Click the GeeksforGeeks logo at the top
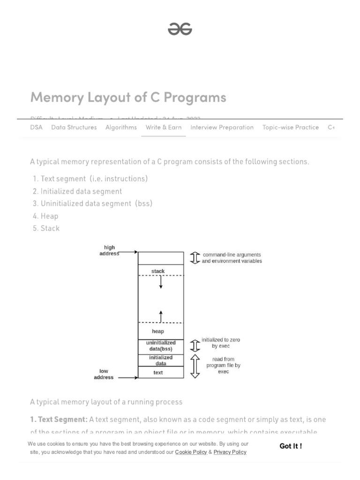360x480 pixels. [180, 30]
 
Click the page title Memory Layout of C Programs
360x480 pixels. [128, 97]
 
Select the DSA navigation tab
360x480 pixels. [36, 127]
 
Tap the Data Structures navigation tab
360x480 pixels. [74, 127]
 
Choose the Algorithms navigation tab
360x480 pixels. [121, 127]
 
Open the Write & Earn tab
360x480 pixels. [164, 127]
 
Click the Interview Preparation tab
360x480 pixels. [222, 127]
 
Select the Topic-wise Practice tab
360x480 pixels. [290, 127]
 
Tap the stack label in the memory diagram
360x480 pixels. [158, 271]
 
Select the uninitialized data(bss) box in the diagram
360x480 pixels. [161, 346]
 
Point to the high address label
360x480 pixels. [109, 250]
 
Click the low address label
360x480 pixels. [104, 374]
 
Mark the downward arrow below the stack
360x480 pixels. [161, 283]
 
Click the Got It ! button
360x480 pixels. [291, 446]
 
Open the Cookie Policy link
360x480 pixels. [191, 452]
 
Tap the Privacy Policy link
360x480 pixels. [230, 452]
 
